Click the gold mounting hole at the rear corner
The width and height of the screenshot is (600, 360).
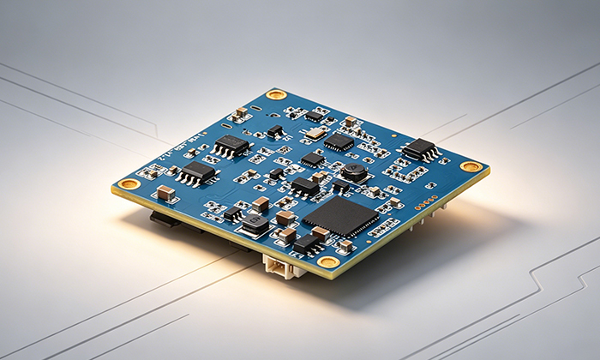pos(275,94)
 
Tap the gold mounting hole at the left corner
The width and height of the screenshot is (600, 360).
pos(129,183)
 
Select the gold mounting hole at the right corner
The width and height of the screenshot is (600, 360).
pos(471,166)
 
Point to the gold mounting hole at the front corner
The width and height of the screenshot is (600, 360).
pos(328,261)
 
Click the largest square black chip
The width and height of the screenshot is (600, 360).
pos(340,216)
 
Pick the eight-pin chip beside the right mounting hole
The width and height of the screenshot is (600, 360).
pos(421,149)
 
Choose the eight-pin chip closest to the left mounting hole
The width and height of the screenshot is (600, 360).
pos(197,171)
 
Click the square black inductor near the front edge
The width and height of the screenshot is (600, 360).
pos(255,225)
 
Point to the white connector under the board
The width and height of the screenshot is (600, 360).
pos(283,268)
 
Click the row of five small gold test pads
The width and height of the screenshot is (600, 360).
pos(426,205)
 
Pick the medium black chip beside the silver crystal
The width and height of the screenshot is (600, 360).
pos(338,141)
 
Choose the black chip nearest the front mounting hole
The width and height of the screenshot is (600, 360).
pos(307,245)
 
